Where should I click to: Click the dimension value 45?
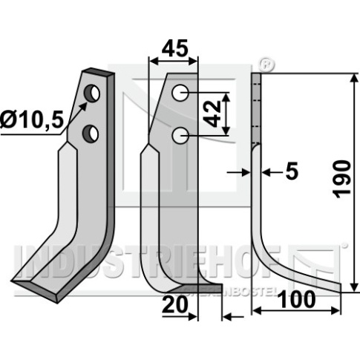(x=174, y=48)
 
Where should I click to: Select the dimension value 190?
(x=343, y=179)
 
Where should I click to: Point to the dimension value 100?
(x=297, y=299)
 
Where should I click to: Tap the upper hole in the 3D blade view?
(x=91, y=94)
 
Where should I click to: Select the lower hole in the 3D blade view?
(x=91, y=134)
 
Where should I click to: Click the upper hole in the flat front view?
(x=180, y=93)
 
